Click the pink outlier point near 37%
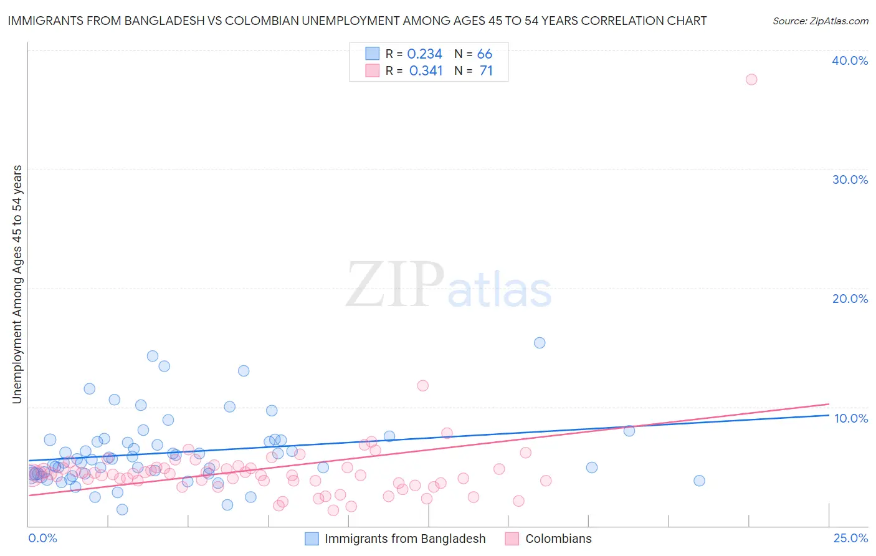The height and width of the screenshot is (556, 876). tap(751, 79)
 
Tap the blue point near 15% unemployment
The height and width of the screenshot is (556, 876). tap(540, 343)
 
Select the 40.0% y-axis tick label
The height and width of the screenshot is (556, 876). tap(850, 60)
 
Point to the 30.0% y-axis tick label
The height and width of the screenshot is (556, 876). tap(850, 180)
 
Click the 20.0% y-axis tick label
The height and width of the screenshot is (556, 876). tap(850, 299)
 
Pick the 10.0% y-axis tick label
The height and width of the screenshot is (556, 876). tap(851, 418)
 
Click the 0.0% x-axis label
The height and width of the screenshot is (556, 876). tap(42, 538)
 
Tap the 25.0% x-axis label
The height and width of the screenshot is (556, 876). tap(850, 538)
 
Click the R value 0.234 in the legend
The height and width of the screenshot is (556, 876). tap(424, 54)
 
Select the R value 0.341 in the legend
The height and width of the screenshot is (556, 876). tap(426, 71)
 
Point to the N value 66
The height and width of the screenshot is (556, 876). tap(485, 54)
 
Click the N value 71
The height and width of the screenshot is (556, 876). tap(486, 71)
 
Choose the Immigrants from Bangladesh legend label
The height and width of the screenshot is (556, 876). tap(405, 539)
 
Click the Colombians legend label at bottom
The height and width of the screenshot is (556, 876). tap(558, 539)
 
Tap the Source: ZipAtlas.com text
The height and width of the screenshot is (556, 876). tap(820, 21)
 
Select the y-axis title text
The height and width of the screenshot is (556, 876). tap(17, 284)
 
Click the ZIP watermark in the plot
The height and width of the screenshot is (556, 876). tap(395, 285)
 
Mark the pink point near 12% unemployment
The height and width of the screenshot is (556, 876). tap(423, 385)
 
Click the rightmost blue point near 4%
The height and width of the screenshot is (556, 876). tap(699, 481)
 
